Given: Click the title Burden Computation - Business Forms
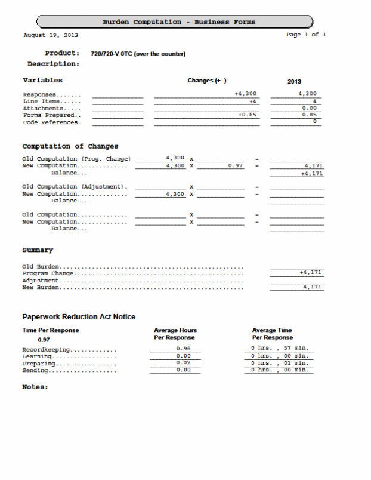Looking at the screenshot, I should click(179, 22).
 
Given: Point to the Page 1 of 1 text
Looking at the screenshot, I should click(306, 35).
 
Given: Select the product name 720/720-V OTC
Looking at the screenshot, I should click(138, 54).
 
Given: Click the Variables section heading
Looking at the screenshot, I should click(42, 80).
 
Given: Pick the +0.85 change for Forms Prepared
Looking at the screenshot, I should click(247, 115).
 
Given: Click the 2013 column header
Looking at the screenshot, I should click(294, 81).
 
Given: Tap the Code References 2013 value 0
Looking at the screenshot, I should click(314, 122).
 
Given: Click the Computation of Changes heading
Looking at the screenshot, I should click(70, 146).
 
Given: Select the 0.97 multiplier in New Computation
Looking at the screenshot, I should click(236, 165).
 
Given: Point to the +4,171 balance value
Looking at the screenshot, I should click(312, 173).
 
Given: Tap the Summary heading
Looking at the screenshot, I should click(38, 250).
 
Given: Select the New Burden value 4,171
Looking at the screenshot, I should click(313, 287).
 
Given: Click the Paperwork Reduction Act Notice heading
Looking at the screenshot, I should click(79, 316).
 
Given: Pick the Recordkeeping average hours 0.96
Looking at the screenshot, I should click(184, 348).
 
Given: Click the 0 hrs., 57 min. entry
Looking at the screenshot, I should click(280, 348).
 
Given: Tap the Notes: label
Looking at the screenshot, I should click(35, 387).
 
